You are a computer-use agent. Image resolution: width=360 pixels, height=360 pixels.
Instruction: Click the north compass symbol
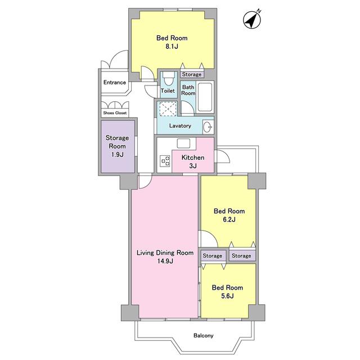252,20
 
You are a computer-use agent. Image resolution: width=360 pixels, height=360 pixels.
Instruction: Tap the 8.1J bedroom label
172,42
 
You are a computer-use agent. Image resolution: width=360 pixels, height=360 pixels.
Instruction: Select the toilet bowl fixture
169,79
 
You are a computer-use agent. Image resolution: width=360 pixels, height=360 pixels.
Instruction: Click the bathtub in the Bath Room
205,97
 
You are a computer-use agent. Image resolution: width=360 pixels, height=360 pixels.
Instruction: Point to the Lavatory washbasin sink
208,127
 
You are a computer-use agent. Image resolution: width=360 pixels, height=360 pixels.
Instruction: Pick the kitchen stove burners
165,161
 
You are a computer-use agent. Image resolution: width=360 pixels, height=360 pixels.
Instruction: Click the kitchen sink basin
183,143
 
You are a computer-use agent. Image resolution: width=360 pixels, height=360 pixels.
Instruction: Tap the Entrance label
115,83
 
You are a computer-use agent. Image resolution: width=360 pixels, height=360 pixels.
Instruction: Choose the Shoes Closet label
115,113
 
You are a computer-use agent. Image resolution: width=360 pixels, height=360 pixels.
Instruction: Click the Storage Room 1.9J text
117,146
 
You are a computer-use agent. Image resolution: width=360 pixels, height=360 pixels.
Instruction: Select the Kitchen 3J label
193,161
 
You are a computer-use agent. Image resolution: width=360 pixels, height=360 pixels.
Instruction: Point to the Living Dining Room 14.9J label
165,257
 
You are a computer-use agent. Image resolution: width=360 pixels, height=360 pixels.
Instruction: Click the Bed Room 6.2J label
229,215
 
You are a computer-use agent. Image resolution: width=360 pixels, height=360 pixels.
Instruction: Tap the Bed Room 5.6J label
227,292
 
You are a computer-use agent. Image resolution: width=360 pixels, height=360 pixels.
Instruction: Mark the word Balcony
204,336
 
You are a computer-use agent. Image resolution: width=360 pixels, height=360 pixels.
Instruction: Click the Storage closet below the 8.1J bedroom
192,74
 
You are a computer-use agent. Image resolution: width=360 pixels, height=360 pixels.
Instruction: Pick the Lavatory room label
180,126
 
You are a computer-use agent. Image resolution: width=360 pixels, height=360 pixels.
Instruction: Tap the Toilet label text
168,91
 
